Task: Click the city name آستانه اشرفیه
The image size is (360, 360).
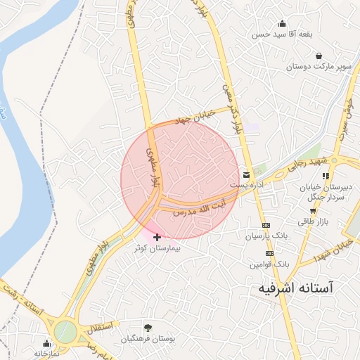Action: click(295, 288)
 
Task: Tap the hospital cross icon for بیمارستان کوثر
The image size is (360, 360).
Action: click(156, 238)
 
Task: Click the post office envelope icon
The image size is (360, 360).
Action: click(246, 174)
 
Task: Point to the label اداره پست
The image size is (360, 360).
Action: click(250, 184)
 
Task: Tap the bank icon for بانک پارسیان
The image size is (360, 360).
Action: click(265, 225)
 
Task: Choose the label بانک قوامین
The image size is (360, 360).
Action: click(268, 264)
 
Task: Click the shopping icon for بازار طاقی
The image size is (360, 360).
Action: click(312, 210)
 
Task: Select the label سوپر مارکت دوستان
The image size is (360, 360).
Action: click(318, 67)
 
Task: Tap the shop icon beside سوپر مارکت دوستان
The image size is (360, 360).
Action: click(319, 56)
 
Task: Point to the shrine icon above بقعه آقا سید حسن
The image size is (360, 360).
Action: click(282, 22)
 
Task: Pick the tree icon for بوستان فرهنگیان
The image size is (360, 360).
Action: click(147, 328)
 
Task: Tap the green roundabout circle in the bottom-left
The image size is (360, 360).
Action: click(65, 330)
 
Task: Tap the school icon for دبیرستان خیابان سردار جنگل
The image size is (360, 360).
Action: click(325, 176)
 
